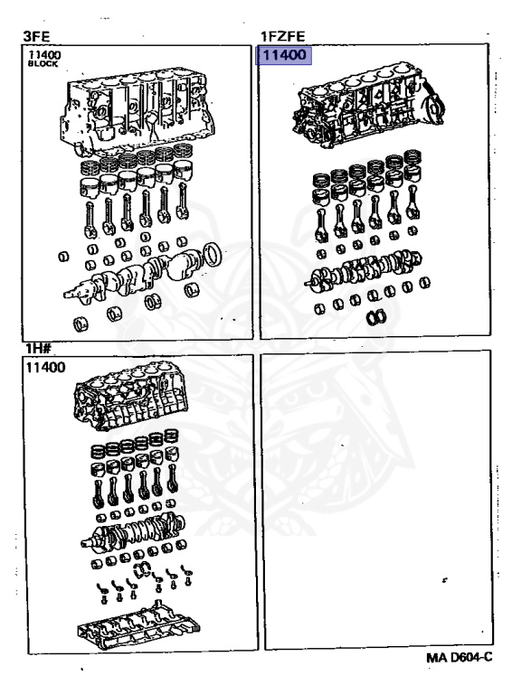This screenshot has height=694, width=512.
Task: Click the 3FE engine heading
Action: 36,36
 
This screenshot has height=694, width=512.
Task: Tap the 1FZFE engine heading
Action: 282,36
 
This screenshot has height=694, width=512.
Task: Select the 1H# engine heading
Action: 38,348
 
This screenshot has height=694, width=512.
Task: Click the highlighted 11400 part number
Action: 284,55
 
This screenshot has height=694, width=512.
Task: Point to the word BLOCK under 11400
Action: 43,64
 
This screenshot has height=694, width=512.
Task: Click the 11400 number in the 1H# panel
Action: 45,367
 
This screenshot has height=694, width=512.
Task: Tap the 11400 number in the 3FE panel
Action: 44,55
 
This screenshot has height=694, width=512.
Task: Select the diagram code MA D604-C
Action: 460,657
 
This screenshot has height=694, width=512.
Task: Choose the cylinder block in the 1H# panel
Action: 130,396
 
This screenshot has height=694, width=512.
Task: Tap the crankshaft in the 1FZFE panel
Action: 363,271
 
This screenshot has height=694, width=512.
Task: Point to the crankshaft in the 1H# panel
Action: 133,532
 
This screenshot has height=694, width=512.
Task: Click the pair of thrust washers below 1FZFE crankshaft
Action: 376,317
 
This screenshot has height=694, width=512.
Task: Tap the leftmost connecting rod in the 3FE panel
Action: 90,219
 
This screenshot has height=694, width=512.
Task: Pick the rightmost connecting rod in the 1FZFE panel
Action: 412,202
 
